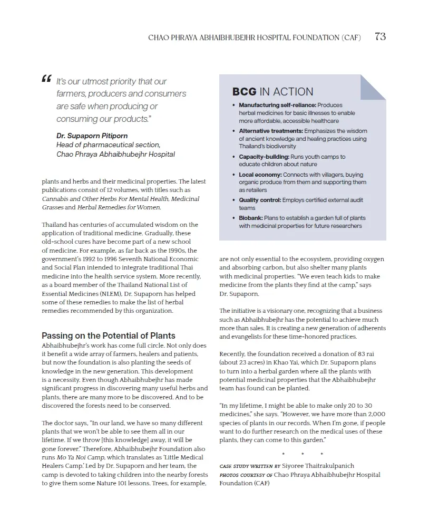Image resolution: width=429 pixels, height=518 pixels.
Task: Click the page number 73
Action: point(380,37)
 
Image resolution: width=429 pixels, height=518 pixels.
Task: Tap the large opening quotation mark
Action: point(46,80)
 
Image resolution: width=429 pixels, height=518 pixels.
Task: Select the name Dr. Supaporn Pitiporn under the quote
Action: point(84,136)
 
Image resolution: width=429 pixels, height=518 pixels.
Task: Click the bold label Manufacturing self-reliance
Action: point(277,105)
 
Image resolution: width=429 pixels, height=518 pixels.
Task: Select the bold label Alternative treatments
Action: point(271,131)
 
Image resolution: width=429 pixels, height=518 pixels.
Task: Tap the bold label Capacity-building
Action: point(263,157)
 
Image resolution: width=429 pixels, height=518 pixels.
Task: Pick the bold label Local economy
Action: point(260,175)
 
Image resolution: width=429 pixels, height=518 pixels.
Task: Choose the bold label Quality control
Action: point(260,200)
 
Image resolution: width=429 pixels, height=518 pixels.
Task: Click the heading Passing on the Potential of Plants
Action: point(108,335)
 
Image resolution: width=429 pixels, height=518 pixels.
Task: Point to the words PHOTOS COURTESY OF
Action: point(246,475)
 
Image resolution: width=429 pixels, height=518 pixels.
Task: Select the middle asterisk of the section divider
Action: point(303,454)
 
